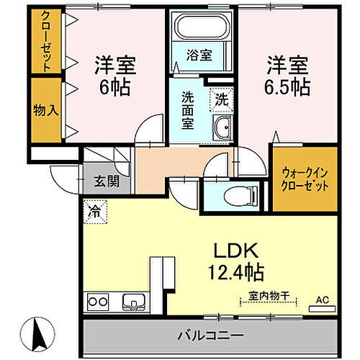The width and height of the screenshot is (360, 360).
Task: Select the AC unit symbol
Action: (322, 306)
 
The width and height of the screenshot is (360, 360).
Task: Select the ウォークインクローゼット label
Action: (302, 178)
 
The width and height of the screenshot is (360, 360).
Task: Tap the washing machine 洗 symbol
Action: (221, 99)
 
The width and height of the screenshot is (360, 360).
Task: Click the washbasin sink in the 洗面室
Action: (221, 130)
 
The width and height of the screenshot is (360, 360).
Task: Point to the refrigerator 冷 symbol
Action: (94, 212)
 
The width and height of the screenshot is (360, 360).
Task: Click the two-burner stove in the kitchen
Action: (98, 302)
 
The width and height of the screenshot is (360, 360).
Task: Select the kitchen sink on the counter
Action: (132, 301)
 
